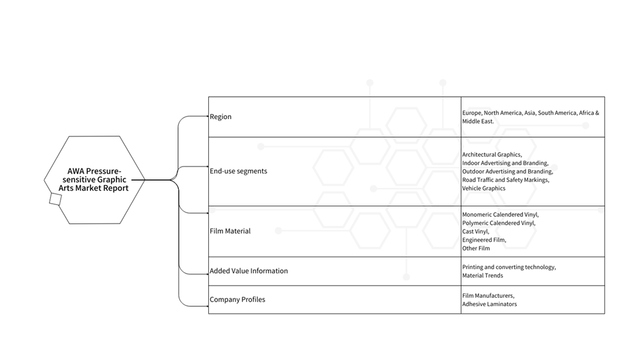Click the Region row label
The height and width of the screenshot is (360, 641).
tap(221, 117)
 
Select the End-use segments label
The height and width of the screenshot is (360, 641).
tap(238, 171)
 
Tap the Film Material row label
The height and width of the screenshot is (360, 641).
tap(230, 231)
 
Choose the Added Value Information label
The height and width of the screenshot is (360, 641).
tap(249, 271)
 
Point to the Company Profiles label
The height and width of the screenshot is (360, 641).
tap(237, 300)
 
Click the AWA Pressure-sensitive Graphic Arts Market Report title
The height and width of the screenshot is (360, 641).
tap(94, 180)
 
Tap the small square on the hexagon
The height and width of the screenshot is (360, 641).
tap(55, 199)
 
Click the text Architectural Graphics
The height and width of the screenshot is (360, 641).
tap(492, 154)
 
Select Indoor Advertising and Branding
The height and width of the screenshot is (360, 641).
tap(505, 163)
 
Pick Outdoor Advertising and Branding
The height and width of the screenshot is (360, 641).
tap(508, 172)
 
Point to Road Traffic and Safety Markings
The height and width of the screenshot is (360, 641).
tap(506, 180)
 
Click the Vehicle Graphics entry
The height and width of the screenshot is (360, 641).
tap(483, 188)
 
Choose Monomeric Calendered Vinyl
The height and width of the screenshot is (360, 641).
tap(501, 215)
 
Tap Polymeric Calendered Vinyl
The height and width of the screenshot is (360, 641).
tap(499, 223)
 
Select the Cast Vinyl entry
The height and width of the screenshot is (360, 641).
tap(476, 232)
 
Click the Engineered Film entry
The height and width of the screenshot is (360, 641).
tap(485, 240)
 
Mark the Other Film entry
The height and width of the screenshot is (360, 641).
tap(476, 249)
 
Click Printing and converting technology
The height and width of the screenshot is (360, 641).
tap(509, 267)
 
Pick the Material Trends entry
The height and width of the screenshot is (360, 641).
tap(483, 275)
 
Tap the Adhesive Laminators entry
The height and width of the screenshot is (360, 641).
tap(489, 304)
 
